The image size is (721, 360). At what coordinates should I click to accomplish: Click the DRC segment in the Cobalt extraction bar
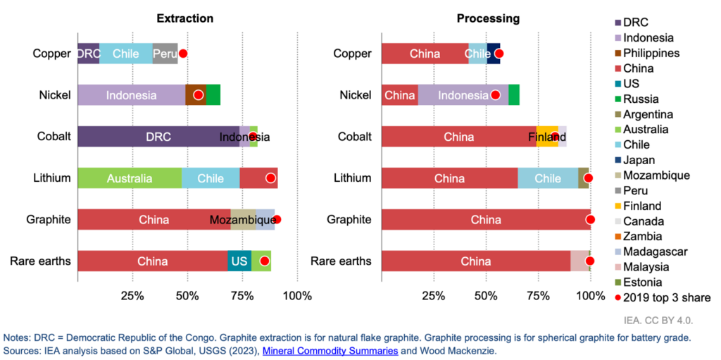coord(158,137)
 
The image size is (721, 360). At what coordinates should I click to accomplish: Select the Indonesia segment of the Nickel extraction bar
coord(131,95)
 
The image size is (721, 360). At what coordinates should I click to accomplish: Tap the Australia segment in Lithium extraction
coord(130,178)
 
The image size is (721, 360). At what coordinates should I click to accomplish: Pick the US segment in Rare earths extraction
coord(239,261)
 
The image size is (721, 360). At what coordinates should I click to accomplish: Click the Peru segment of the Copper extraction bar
coord(165,54)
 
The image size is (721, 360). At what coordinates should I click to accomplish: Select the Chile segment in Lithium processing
coord(548,178)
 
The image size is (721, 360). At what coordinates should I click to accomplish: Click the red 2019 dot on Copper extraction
coord(183,54)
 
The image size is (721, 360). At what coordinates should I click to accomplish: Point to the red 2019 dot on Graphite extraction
coord(277,220)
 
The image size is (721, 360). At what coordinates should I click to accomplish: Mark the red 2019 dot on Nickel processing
coord(495,95)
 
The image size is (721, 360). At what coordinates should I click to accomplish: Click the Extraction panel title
coord(185,18)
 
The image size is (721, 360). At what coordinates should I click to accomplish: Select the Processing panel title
coord(487,18)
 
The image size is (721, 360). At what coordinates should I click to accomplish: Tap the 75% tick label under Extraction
coord(242,294)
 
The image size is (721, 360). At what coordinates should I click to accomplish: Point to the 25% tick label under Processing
coord(434,294)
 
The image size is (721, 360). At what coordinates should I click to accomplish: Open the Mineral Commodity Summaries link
coord(330,350)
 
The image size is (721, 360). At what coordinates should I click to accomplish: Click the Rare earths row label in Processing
coord(341,261)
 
